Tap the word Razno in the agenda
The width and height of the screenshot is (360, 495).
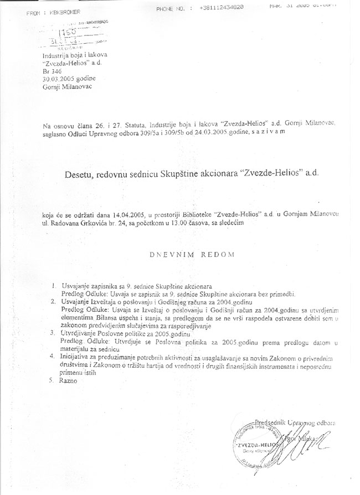pos(70,382)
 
